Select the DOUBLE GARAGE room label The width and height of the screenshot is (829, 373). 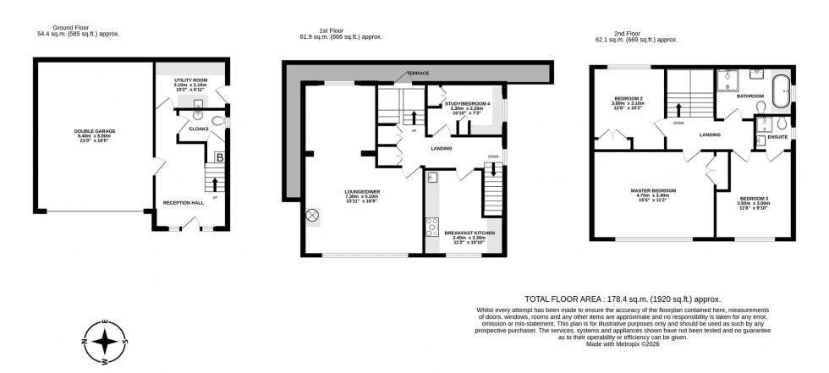point(95,132)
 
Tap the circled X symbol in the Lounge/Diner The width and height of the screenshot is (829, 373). point(312,216)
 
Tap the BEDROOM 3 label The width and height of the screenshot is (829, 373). point(754,198)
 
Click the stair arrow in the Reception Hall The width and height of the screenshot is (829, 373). point(215,184)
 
